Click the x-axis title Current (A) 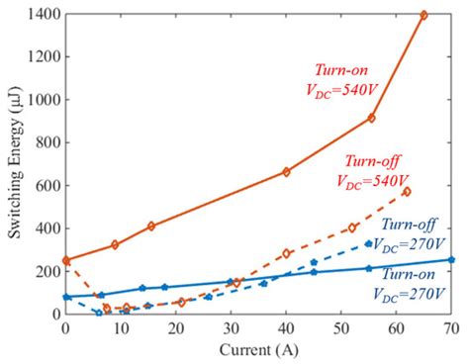coord(259,350)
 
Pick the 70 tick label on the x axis coord(451,326)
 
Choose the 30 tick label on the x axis coord(231,326)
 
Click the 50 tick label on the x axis coord(341,326)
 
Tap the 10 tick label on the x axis coord(121,326)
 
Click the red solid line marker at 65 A coord(423,15)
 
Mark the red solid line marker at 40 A coord(286,171)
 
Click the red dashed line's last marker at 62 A coord(407,191)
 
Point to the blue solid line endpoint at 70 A coord(451,259)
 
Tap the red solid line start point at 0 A coord(66,260)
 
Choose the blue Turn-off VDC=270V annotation coord(415,233)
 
